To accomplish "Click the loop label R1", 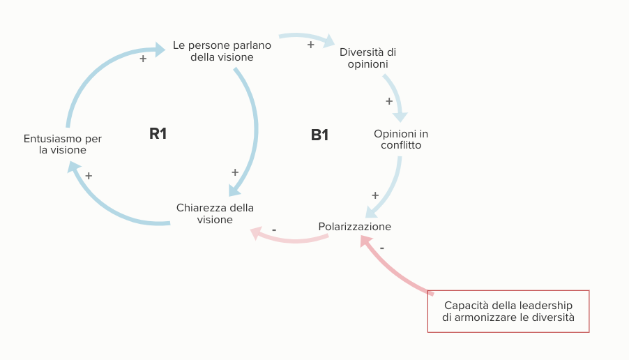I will click(158, 133).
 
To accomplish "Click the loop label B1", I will click(319, 135).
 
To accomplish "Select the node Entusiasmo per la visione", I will click(63, 144).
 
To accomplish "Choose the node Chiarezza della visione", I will click(215, 213).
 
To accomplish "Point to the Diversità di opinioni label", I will click(368, 58).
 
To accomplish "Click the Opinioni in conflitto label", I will click(401, 140).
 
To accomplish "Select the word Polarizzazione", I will click(355, 227).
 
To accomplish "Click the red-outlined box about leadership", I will click(508, 311).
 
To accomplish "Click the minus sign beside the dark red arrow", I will click(382, 247).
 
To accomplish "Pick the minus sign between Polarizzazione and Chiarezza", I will click(274, 229).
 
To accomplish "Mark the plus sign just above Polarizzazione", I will click(375, 195).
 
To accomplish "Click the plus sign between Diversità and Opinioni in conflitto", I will click(389, 101).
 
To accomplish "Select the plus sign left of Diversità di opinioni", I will click(311, 45).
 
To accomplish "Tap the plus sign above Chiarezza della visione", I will click(235, 172).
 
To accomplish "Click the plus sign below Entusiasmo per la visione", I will click(89, 176).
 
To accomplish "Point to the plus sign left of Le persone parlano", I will click(143, 59).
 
